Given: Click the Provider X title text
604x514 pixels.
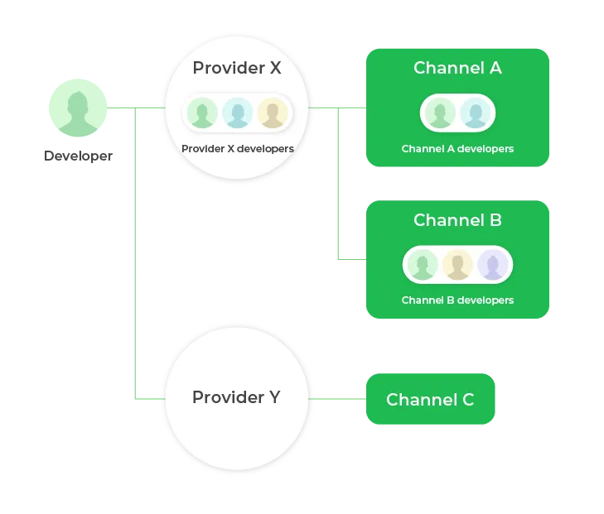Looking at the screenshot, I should coord(236,68).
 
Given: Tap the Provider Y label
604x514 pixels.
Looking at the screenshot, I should coord(236,397).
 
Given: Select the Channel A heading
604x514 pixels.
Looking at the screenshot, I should coord(457,68).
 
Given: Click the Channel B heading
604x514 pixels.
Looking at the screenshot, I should coord(457,220).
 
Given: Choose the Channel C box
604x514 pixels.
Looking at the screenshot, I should coord(430,400).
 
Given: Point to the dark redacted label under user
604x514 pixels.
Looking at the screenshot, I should coord(75,156).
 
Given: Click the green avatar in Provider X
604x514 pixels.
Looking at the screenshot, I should coord(201,113).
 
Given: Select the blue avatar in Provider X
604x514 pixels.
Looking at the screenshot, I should coord(237,113).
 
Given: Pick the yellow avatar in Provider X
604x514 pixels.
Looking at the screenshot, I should coord(272,113).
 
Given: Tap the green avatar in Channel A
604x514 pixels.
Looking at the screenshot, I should coord(440,113).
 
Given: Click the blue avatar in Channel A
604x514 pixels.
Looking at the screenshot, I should coord(475,113).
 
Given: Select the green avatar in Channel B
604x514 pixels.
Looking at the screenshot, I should coord(423,266).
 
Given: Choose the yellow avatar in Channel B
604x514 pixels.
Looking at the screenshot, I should coord(457,266).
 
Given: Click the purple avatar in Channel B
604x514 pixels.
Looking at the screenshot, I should coord(492,266).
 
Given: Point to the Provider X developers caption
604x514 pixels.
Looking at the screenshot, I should coord(237,149).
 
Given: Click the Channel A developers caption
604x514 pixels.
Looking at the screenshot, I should coord(457,149).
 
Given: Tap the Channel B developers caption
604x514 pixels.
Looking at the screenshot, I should coord(457,300).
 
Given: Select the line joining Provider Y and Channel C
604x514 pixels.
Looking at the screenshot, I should coord(338,400).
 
